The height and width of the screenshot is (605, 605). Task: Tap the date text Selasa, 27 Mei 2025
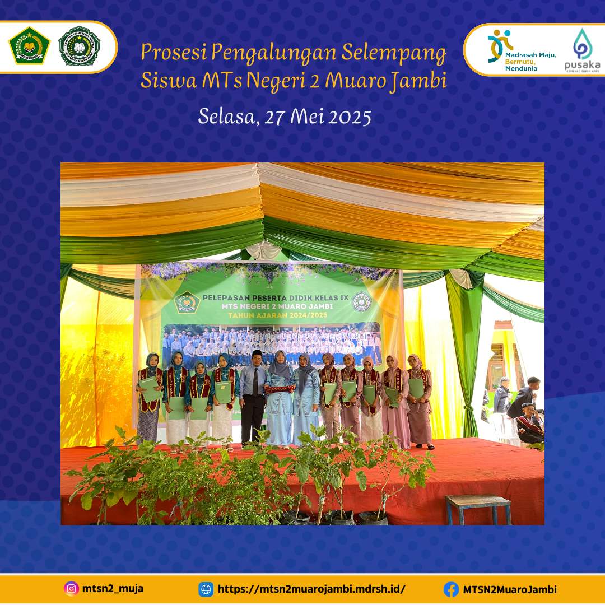tap(285, 117)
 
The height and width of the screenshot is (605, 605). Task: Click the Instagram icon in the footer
tap(71, 589)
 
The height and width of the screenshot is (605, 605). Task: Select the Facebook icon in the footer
tap(451, 589)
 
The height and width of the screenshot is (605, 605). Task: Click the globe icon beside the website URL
tap(206, 589)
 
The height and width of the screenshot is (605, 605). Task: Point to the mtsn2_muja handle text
tap(113, 589)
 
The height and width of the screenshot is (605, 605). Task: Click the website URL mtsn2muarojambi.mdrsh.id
tap(311, 589)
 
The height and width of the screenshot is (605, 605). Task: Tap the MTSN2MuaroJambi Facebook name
tap(510, 589)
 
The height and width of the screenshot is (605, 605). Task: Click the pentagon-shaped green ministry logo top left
tap(29, 46)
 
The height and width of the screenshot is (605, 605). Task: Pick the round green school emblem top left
tap(79, 46)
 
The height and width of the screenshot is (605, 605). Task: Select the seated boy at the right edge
tap(528, 423)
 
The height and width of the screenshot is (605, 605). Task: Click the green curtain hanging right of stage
tap(466, 347)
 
